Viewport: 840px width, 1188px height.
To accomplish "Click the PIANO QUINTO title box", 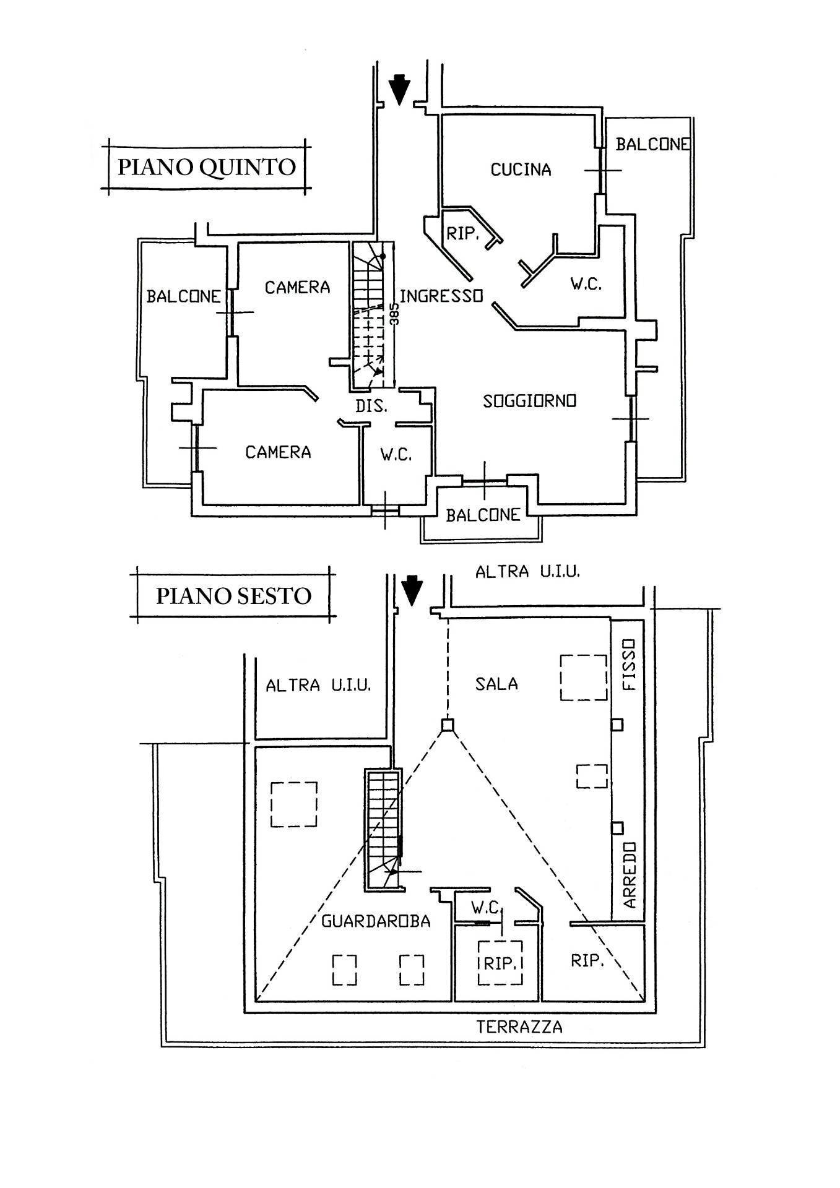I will click(206, 167).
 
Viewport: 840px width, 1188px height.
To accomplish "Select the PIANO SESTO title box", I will click(233, 596).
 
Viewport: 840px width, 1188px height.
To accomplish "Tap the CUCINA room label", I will click(521, 170).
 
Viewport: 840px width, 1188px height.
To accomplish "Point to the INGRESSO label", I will click(441, 296).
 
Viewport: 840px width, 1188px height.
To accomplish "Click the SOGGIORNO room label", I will click(529, 401).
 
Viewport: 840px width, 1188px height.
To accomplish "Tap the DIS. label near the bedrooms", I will click(371, 407).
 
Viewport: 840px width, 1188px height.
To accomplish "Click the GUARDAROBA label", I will click(376, 921).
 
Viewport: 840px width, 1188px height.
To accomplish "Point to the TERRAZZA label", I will click(519, 1028).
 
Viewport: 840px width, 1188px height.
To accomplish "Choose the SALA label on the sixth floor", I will click(496, 684).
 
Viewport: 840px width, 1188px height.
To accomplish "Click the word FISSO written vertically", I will click(629, 665).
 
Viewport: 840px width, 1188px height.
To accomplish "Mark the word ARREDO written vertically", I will click(629, 875).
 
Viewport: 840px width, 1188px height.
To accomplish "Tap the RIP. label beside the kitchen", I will click(464, 234).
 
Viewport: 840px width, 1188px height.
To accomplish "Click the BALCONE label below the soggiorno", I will click(483, 515).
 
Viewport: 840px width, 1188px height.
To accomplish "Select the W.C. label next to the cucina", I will click(586, 284).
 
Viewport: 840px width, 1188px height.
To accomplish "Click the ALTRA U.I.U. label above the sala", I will click(527, 572).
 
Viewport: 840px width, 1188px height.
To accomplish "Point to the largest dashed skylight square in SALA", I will click(583, 678).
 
